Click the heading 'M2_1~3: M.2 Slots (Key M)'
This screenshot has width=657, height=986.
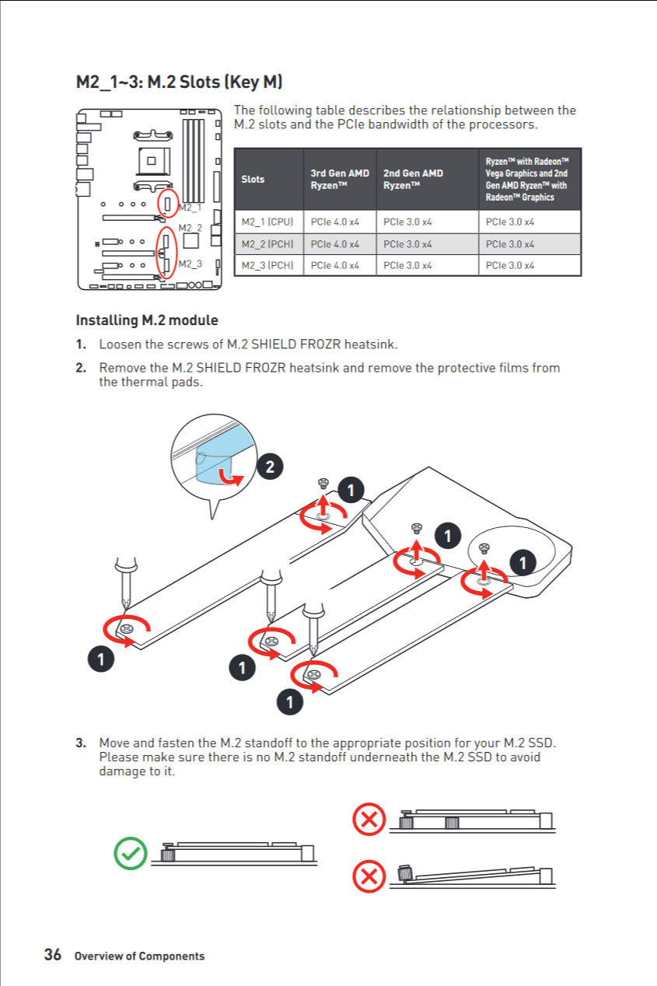tap(178, 82)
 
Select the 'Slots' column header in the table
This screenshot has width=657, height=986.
tap(253, 180)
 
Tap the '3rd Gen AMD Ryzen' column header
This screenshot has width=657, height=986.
tap(339, 180)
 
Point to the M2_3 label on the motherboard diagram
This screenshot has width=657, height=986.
tap(190, 264)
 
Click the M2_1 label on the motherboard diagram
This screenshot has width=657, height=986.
tap(190, 208)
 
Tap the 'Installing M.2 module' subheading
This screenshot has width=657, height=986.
tap(146, 320)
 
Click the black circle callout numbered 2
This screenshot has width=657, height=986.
tap(269, 467)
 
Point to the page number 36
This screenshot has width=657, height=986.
tap(53, 955)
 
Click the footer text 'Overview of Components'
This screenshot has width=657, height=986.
tap(139, 956)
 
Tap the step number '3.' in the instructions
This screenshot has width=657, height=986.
tap(81, 743)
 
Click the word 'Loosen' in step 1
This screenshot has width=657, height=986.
tap(121, 344)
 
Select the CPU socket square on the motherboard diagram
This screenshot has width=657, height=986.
tap(152, 162)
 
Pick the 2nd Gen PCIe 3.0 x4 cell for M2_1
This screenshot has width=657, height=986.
tap(407, 222)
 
